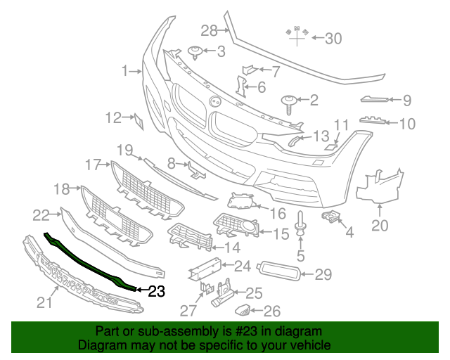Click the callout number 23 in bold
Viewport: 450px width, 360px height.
coord(155,290)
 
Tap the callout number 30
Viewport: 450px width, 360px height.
coord(333,39)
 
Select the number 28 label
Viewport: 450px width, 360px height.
coord(210,30)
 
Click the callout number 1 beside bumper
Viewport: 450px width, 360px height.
coord(125,71)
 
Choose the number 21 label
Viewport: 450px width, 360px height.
coord(45,303)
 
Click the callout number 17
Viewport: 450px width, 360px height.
coord(94,165)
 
